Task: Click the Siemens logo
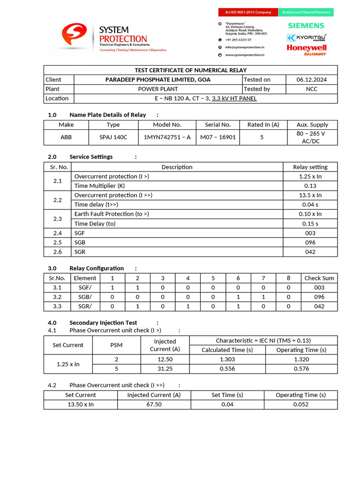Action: point(306,25)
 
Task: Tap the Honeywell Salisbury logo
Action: point(306,49)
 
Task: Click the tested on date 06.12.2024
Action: point(312,80)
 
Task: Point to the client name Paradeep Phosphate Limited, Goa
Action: point(157,80)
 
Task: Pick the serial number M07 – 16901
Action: point(217,137)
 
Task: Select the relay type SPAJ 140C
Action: point(113,137)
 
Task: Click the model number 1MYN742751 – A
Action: point(167,137)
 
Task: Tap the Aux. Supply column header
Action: point(312,125)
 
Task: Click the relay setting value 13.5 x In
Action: point(310,195)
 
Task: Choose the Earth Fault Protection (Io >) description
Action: point(112,214)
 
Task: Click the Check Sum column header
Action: point(319,278)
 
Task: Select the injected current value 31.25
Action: point(165,368)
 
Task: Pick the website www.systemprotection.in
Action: point(244,55)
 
